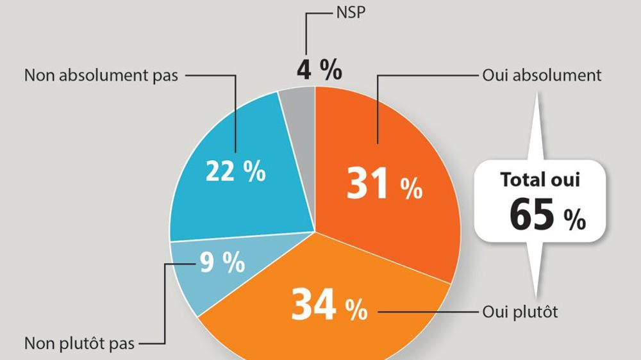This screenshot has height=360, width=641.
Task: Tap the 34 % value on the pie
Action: [x=329, y=306]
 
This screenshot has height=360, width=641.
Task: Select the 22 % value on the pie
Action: [x=235, y=171]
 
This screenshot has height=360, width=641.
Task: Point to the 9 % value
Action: [x=222, y=263]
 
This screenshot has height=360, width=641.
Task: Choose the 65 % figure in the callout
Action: [x=547, y=216]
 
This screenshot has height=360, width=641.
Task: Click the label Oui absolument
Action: [x=542, y=76]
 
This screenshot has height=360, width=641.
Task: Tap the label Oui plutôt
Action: [x=520, y=313]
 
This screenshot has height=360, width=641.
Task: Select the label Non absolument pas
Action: [x=101, y=76]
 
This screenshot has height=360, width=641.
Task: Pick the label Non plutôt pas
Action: [x=79, y=344]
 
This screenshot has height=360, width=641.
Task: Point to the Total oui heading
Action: [x=540, y=179]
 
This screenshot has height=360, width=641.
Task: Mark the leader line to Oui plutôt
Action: [x=426, y=313]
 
